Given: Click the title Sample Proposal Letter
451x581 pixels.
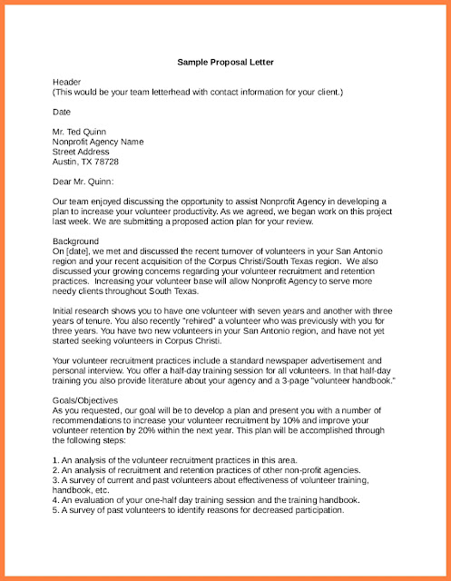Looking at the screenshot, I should [x=224, y=63].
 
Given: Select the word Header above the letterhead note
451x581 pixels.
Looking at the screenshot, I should [x=67, y=82].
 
